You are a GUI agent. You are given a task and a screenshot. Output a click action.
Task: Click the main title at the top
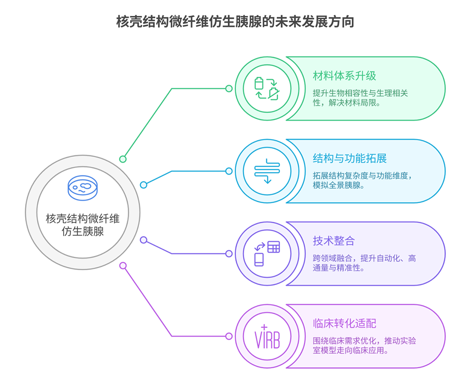235,22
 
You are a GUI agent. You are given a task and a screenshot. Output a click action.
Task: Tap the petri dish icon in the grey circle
82,187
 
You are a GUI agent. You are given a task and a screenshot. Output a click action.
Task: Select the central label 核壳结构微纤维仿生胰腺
82,224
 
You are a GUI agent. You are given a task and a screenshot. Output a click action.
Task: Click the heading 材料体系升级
344,76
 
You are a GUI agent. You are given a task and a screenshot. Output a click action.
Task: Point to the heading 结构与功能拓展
349,158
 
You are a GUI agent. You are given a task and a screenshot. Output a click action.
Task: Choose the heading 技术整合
333,241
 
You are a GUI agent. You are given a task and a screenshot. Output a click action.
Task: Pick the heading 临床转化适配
344,323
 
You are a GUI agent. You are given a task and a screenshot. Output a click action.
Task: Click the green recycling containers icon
267,88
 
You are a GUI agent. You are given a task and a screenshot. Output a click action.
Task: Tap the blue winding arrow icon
267,171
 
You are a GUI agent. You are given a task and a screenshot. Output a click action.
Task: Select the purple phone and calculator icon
267,253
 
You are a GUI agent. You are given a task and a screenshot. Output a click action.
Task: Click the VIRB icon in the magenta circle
267,336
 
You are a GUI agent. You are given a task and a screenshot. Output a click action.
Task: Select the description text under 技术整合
364,263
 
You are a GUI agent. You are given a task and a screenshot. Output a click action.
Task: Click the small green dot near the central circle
123,159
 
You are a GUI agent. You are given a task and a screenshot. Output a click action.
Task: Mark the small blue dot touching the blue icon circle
229,171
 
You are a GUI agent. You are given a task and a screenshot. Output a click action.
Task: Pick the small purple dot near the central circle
144,240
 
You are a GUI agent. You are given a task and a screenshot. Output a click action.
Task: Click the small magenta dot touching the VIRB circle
229,336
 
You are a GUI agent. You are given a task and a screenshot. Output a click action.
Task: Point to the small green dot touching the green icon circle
229,89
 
